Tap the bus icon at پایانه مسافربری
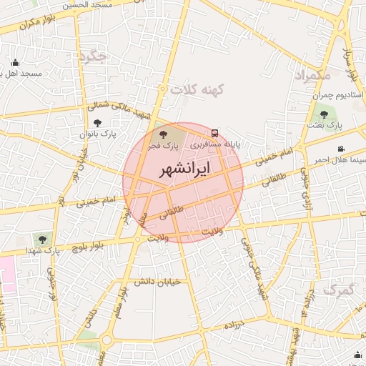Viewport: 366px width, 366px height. click(214, 133)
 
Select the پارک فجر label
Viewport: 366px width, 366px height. click(164, 145)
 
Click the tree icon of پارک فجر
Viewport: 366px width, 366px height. click(164, 134)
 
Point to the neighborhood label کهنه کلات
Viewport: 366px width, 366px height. click(197, 90)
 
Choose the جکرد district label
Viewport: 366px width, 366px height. click(93, 56)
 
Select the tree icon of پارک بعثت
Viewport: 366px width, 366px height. click(324, 114)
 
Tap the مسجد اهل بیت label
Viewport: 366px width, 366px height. click(21, 74)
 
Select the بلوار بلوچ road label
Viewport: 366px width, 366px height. click(90, 247)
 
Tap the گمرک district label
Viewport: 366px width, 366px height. click(338, 290)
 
